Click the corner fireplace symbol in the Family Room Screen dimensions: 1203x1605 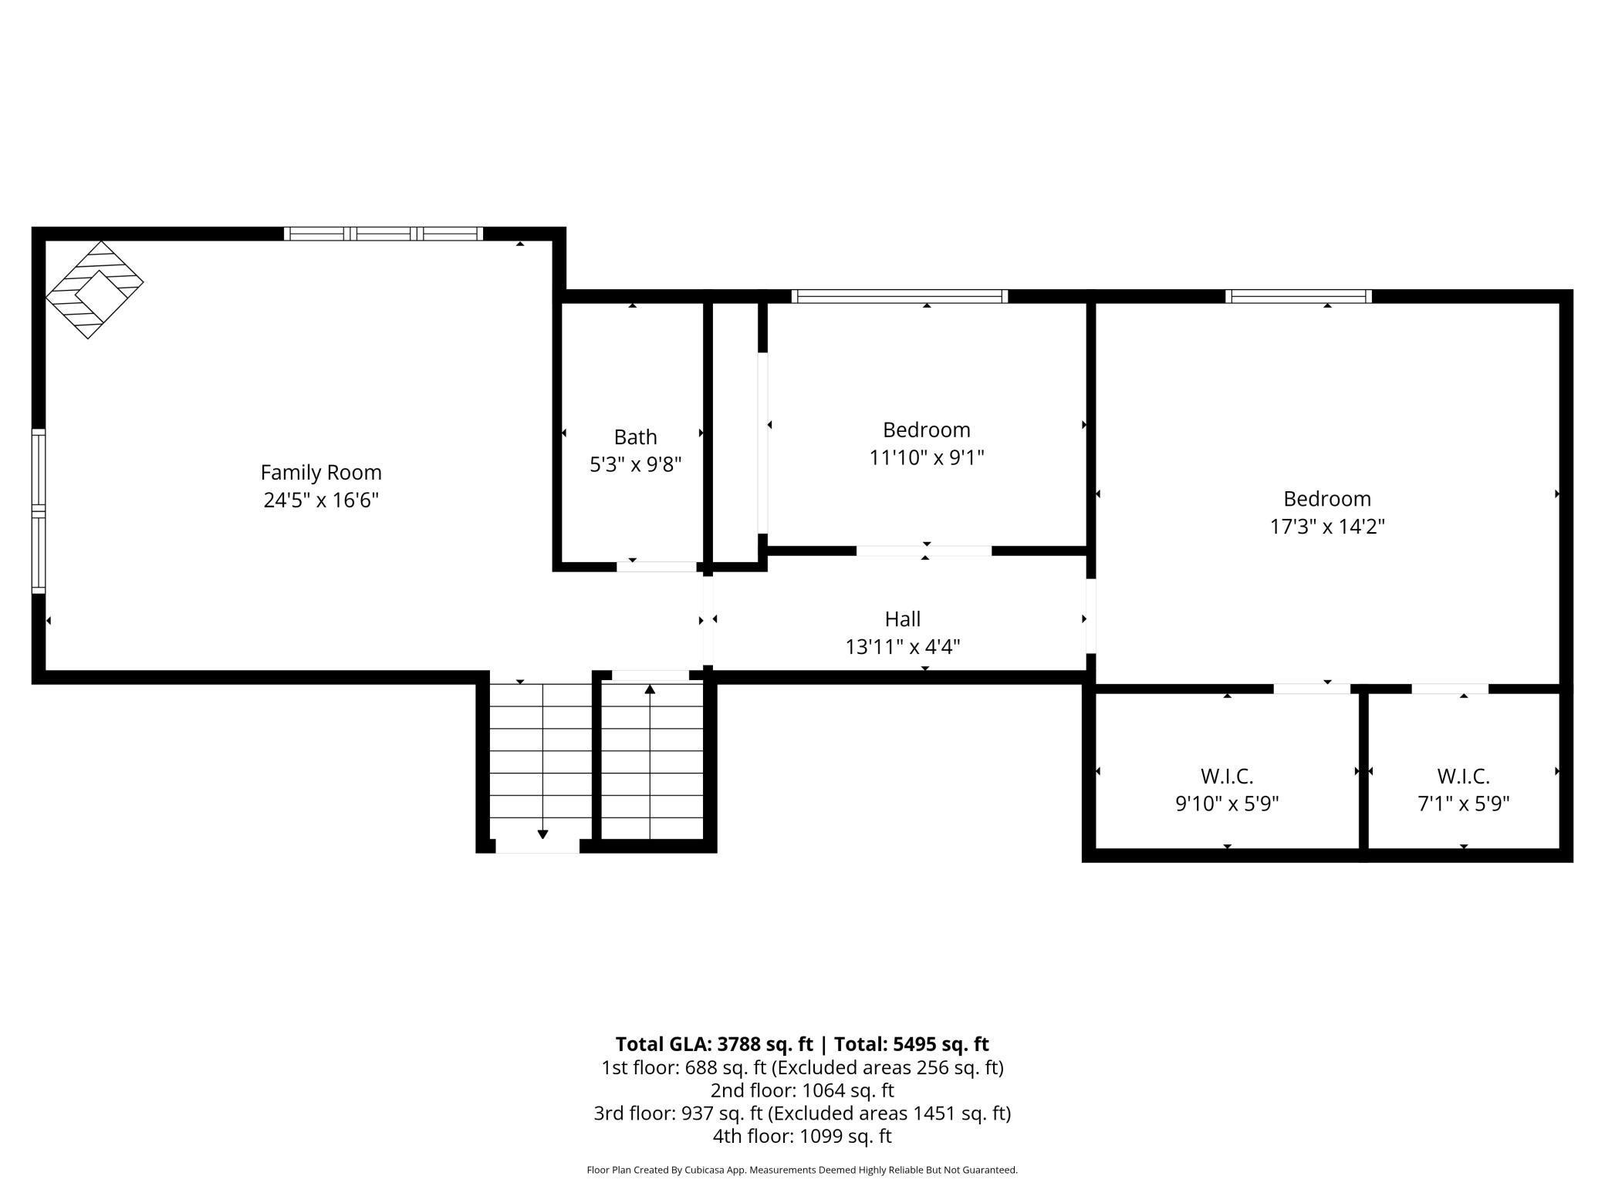(x=94, y=290)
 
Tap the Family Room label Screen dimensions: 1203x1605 (x=321, y=472)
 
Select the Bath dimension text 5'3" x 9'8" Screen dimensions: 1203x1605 (x=635, y=464)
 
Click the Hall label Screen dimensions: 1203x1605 (x=902, y=618)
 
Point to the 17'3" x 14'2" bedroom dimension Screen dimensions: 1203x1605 (x=1327, y=527)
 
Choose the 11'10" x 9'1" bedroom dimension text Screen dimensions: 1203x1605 (x=926, y=458)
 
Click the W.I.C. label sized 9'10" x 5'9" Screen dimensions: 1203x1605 (x=1226, y=776)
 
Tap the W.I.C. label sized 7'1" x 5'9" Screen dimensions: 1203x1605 (x=1463, y=776)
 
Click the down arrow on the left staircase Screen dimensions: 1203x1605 (x=542, y=834)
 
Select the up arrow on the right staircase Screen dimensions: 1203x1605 (x=650, y=689)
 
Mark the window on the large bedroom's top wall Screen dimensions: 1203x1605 (x=1298, y=296)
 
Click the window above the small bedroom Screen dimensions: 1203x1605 (x=900, y=296)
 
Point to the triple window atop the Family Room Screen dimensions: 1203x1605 (x=384, y=234)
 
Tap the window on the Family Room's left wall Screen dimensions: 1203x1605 (x=39, y=511)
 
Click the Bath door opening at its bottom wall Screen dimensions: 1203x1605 (x=656, y=567)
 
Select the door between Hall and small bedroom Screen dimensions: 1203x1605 (x=924, y=551)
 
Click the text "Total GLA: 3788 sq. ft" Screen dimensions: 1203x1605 (x=714, y=1044)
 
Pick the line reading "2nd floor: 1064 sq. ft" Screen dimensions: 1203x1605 (x=802, y=1090)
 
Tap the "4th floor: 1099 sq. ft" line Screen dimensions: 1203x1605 (x=802, y=1136)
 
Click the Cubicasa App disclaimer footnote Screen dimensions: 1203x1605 (x=802, y=1170)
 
